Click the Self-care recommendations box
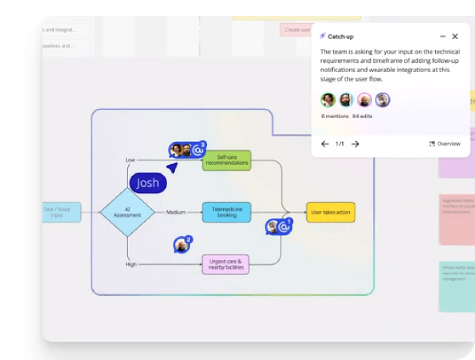[226, 161]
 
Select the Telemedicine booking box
[226, 212]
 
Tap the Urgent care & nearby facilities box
[225, 264]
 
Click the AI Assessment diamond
[127, 212]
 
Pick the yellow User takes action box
[330, 212]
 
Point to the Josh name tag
[148, 183]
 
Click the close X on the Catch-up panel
[455, 36]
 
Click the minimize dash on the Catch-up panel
[442, 36]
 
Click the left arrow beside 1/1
[325, 144]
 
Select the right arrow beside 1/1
[355, 144]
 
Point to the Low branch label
[130, 160]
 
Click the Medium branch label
[176, 212]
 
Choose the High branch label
[131, 264]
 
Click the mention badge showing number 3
[198, 150]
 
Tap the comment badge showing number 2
[182, 245]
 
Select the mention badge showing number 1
[283, 226]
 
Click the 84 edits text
[362, 116]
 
